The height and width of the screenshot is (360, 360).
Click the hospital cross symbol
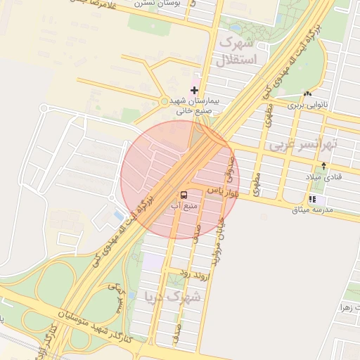point(194,90)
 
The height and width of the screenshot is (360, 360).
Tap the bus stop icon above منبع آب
point(184,194)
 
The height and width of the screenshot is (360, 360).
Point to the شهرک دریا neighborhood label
point(172,296)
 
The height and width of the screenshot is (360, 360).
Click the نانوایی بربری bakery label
point(308,105)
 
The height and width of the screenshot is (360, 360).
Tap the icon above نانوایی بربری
point(307,94)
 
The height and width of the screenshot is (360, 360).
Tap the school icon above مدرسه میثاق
point(311,199)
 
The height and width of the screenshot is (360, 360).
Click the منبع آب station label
point(184,206)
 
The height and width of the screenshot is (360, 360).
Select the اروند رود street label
point(186,271)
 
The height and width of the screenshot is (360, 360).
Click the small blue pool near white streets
point(115,214)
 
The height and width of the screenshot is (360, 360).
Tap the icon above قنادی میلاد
point(323,166)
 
